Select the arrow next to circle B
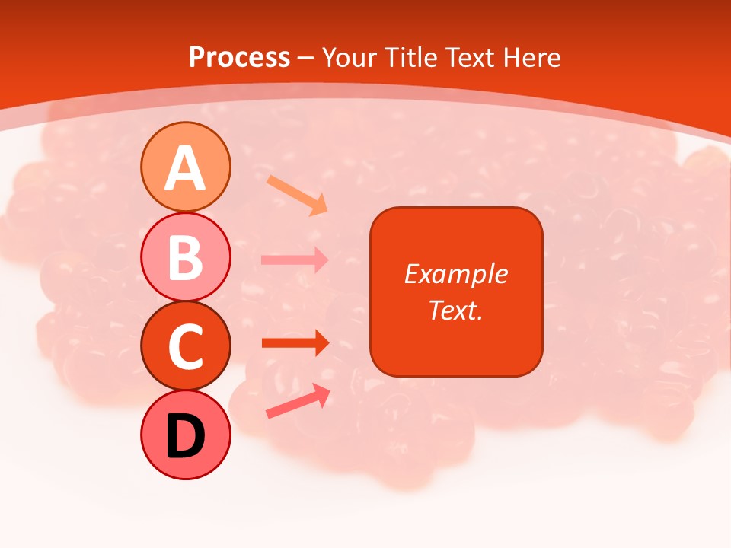(x=295, y=260)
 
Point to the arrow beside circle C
(x=295, y=342)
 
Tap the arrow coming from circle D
(x=298, y=400)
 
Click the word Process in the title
(x=239, y=57)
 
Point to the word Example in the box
(x=455, y=274)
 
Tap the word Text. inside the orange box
(x=455, y=310)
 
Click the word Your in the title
(x=350, y=57)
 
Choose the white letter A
(x=185, y=168)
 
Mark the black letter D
(x=185, y=436)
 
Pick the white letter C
(x=185, y=347)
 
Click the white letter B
(x=185, y=258)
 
